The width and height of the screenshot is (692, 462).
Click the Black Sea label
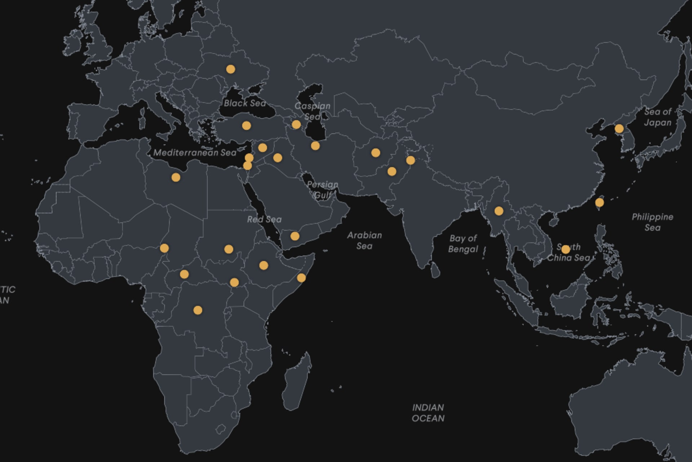point(245,103)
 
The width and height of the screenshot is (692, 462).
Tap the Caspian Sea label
point(312,111)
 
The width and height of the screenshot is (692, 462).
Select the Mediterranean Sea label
point(195,153)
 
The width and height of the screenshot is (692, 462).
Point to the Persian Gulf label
point(322,190)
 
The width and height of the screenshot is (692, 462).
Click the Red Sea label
point(264,219)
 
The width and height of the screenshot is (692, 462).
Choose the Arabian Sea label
point(364,241)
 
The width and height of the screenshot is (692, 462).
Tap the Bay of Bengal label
point(463,244)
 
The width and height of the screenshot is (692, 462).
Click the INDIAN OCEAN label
point(428,413)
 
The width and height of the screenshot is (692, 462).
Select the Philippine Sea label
point(652,222)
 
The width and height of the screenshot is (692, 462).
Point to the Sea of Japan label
point(657,117)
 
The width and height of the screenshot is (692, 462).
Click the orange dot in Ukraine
point(231,69)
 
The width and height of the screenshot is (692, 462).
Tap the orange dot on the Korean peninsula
point(619,129)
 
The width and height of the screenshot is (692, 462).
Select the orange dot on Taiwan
point(599,203)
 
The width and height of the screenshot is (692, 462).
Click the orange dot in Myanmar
point(499,211)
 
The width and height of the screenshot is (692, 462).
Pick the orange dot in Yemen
point(295,236)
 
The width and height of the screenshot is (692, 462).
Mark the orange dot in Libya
point(176,177)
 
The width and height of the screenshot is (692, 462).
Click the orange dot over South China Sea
point(566,249)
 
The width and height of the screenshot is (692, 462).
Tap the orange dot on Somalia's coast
point(301,278)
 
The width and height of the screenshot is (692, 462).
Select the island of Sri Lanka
point(435,270)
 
